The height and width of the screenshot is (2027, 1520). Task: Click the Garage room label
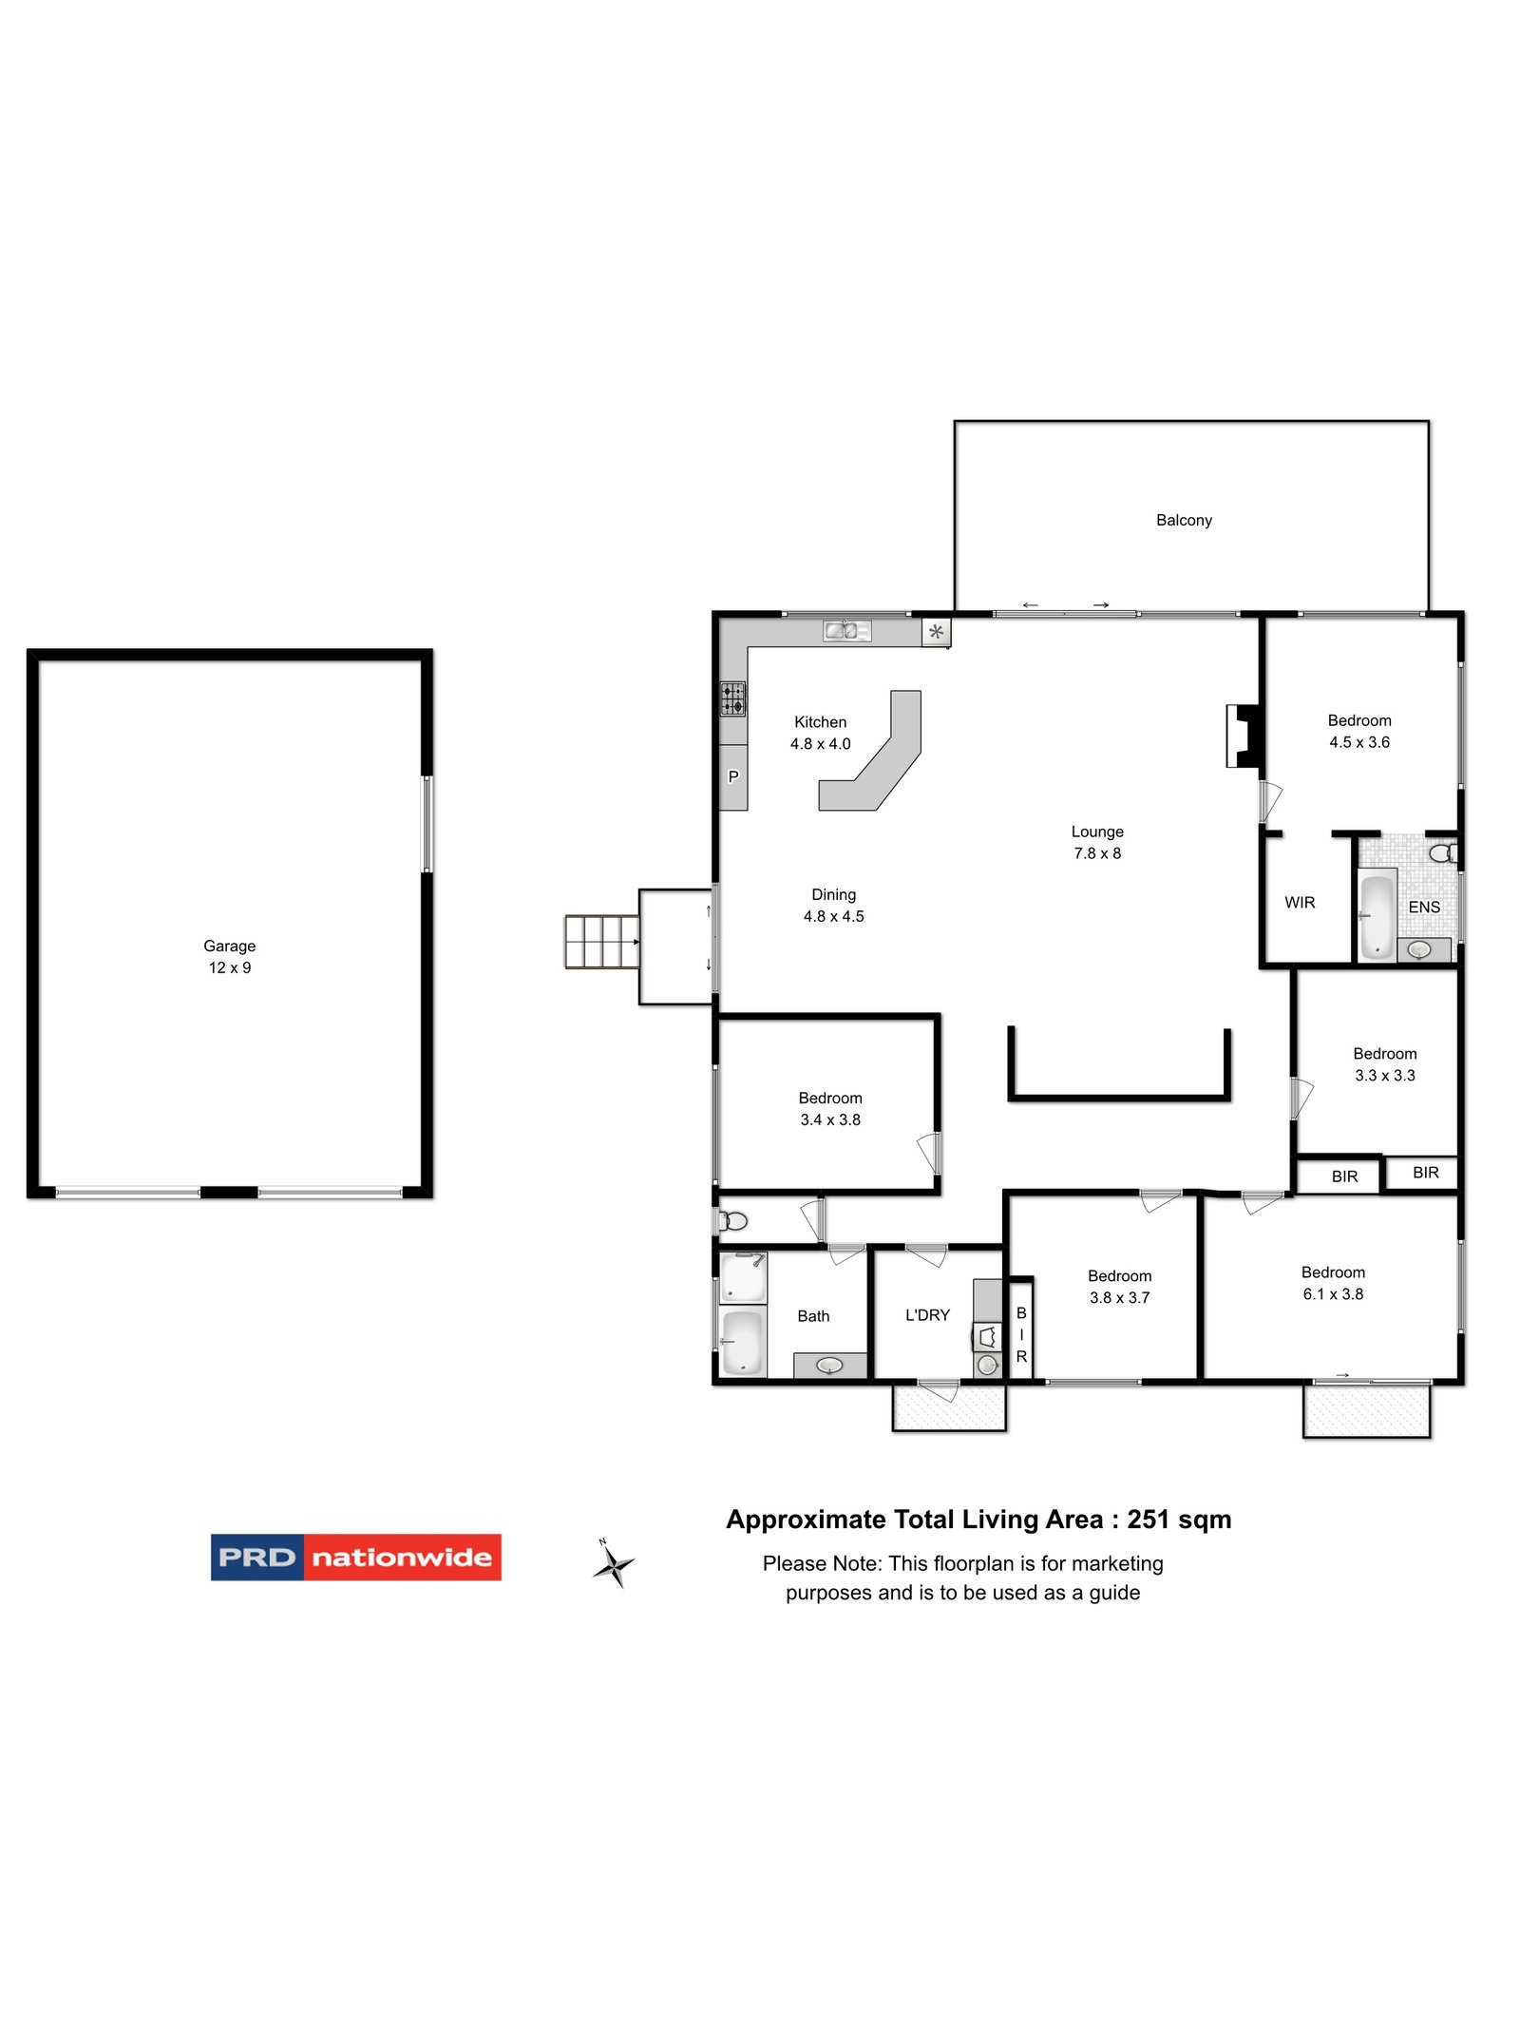coord(229,946)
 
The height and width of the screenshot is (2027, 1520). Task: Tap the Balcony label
coord(1184,520)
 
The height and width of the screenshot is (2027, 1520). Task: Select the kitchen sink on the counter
coord(845,630)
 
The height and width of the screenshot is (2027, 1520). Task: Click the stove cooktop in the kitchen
coord(732,698)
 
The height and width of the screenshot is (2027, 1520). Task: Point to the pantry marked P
coord(732,776)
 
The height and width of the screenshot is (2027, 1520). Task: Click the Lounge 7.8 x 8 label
coord(1097,842)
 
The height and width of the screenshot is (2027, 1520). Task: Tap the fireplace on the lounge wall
coord(1242,736)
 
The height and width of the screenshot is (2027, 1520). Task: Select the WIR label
coord(1300,902)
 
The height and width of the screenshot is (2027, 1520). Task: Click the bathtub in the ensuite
coord(1377,916)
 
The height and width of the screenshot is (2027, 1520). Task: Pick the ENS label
coord(1424,907)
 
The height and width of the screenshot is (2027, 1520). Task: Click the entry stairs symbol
coord(601,941)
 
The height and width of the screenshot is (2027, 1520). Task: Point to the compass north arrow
coord(614,1562)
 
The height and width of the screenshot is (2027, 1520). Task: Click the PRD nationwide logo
coord(355,1557)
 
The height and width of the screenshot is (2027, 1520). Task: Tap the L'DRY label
coord(927,1315)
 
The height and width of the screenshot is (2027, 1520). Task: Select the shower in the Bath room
coord(742,1277)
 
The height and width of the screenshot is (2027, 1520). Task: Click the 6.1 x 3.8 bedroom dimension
coord(1333,1294)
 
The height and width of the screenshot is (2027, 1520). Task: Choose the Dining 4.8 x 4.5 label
coord(833,905)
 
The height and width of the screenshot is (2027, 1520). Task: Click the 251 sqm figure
coord(1178,1520)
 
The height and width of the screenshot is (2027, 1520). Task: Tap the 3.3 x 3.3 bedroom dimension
coord(1384,1076)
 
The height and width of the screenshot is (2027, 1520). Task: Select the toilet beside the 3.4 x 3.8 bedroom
coord(732,1220)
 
